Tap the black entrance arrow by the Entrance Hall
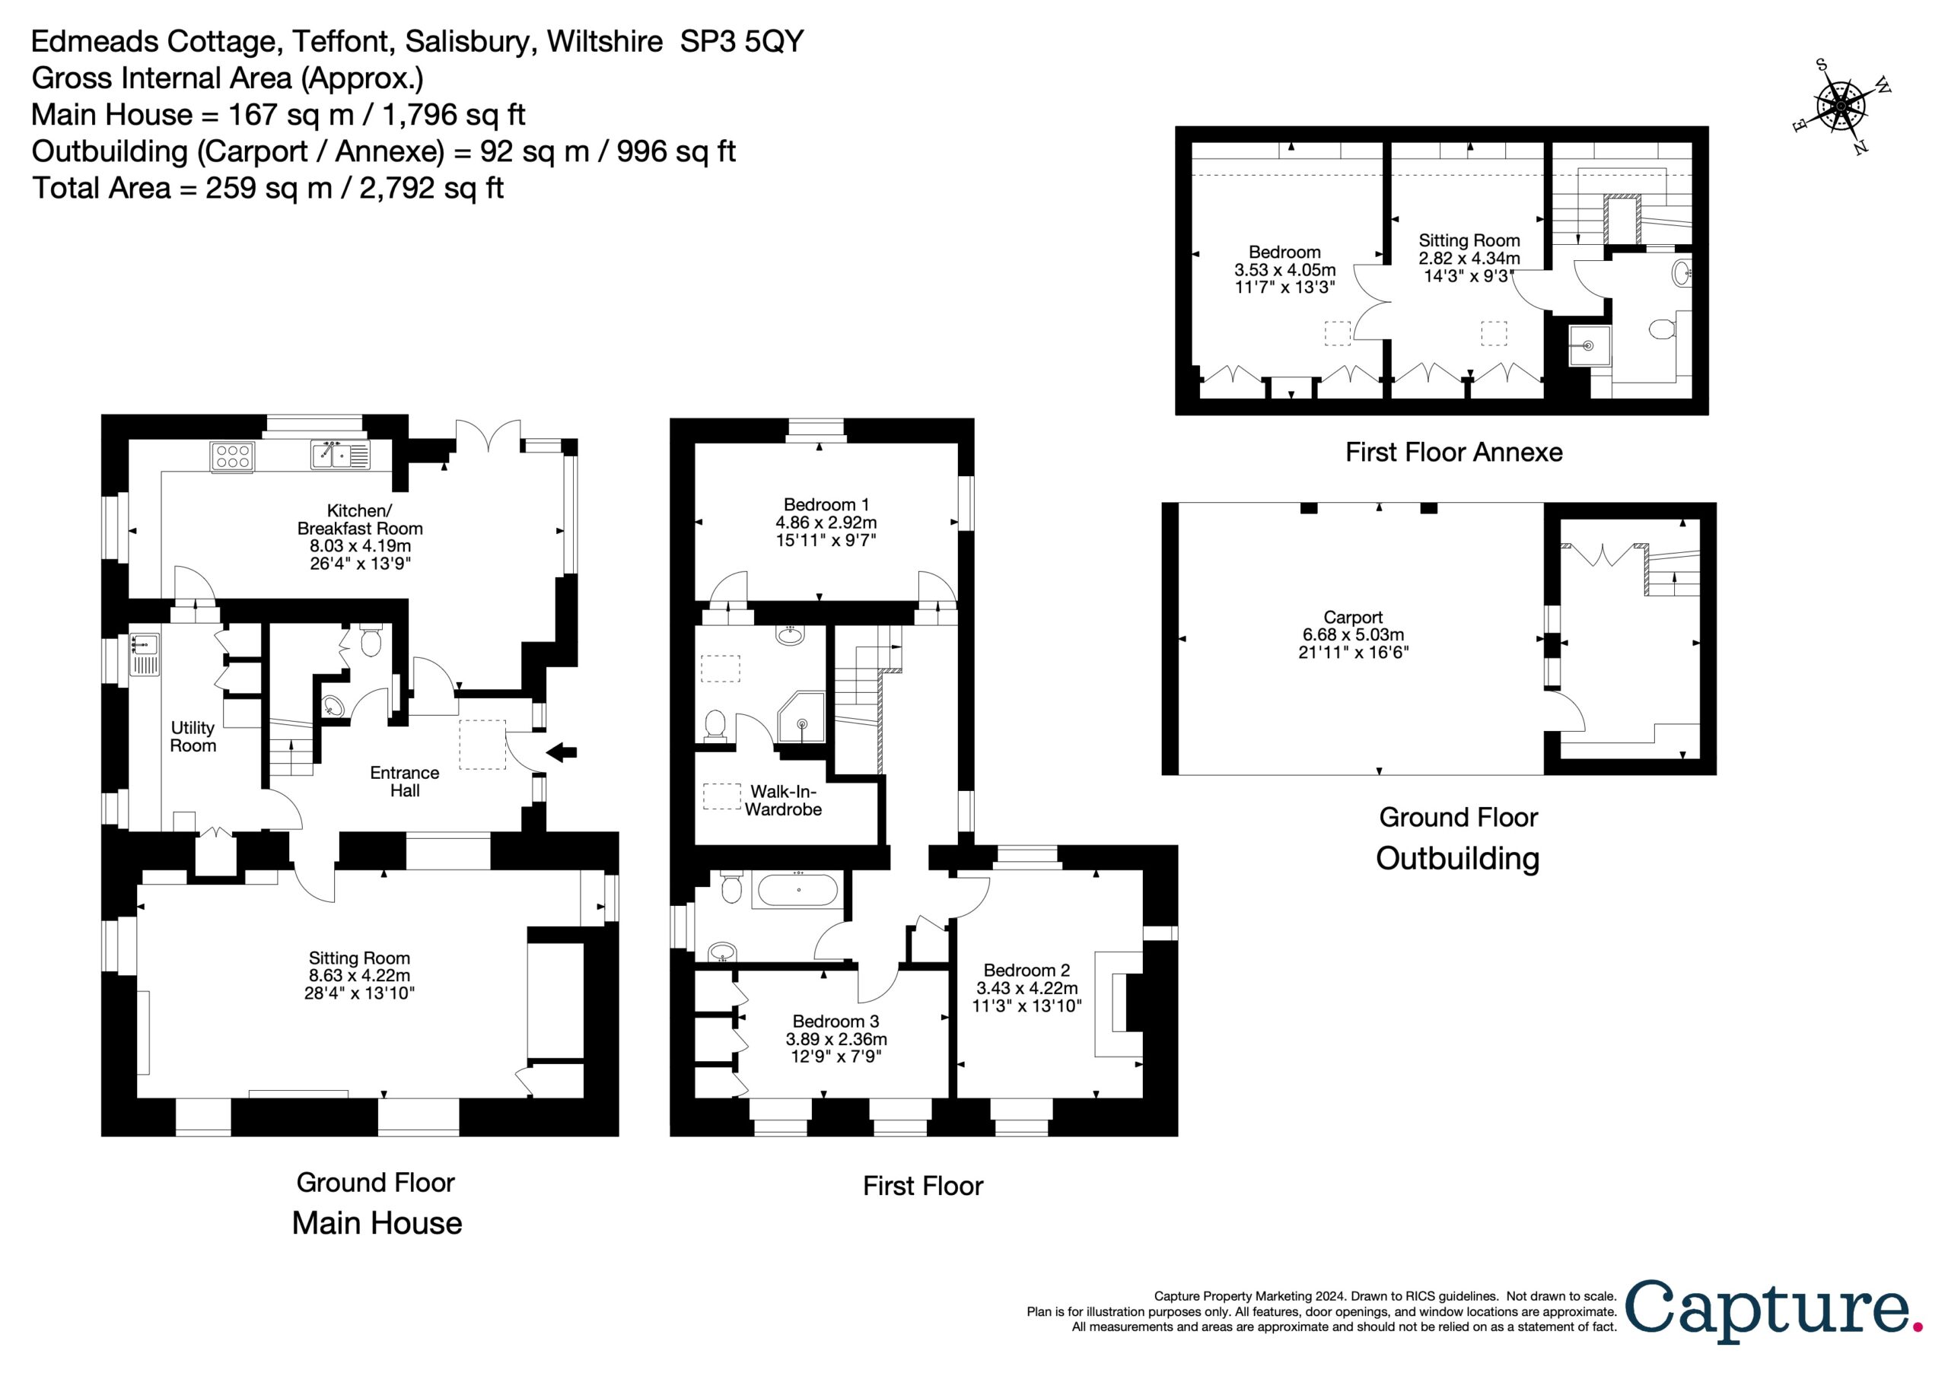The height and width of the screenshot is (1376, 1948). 562,752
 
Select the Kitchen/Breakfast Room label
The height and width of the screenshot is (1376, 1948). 360,520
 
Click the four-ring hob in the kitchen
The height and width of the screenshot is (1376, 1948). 231,456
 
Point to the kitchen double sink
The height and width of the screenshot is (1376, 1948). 340,455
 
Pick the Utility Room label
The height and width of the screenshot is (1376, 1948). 193,736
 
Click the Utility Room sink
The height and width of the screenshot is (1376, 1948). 145,655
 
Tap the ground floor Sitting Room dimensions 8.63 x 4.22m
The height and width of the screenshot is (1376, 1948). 359,976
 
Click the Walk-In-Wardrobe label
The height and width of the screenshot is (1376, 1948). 783,801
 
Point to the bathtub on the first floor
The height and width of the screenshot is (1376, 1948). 797,890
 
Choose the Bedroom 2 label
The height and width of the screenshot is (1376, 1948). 1027,970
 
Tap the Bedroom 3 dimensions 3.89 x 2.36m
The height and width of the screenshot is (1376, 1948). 836,1039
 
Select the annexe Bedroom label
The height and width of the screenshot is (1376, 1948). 1284,252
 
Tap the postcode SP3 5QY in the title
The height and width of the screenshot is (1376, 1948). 741,41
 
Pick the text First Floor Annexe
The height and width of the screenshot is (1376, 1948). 1453,452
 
